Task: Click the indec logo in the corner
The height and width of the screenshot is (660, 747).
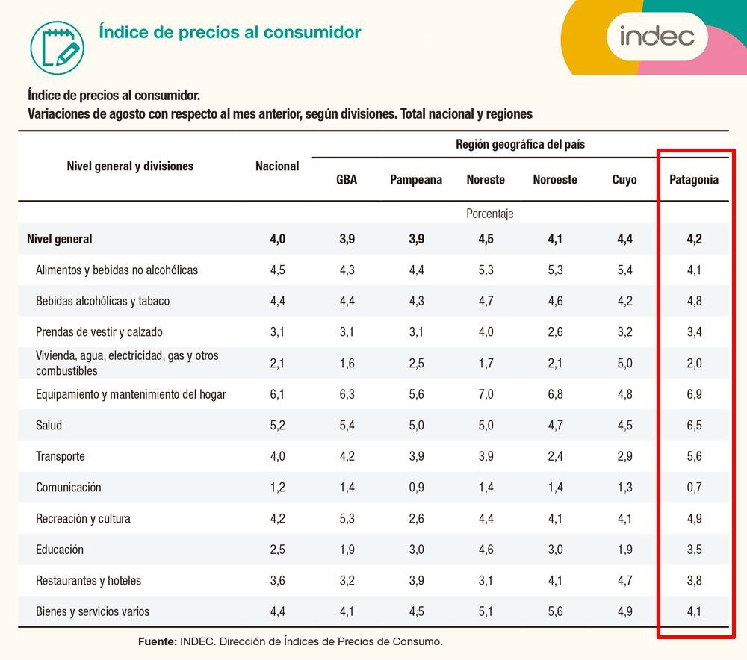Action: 657,36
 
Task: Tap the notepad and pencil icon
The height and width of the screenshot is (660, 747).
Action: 58,48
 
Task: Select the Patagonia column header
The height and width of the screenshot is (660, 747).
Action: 694,179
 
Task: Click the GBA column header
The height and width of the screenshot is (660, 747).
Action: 347,179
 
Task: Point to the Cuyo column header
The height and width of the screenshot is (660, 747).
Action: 624,179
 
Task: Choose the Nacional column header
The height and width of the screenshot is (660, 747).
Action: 277,166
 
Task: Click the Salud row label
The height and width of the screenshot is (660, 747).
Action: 49,425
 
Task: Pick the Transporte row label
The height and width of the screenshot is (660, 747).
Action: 61,456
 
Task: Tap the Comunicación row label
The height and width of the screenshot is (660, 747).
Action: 69,487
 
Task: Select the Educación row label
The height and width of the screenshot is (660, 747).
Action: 60,550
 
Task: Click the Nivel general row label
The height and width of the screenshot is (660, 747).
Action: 60,239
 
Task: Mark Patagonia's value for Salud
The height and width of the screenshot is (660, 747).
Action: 694,425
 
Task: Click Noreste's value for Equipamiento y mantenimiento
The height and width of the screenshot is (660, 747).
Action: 486,393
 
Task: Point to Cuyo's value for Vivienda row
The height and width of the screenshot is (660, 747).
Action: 624,364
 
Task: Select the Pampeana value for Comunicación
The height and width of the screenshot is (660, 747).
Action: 416,487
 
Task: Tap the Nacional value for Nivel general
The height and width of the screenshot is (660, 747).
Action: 278,239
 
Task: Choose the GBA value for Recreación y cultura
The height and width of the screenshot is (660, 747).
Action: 347,518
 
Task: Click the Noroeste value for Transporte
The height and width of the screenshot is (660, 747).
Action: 556,456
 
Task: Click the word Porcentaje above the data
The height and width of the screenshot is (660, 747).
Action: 490,214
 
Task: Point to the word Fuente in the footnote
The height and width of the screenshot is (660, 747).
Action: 157,641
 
